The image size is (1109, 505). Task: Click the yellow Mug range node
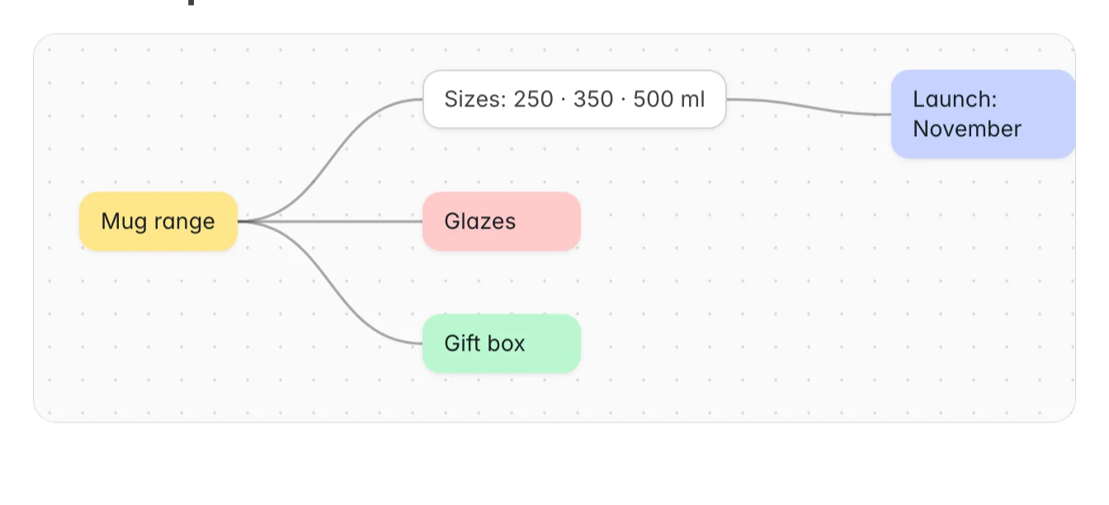(x=158, y=221)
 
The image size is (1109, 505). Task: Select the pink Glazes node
(x=502, y=221)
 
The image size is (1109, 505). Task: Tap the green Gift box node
(x=502, y=343)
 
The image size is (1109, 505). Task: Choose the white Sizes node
(x=574, y=99)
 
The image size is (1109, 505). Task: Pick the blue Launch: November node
(x=983, y=114)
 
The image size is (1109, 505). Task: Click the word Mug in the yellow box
(x=124, y=221)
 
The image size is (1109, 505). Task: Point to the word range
(x=184, y=222)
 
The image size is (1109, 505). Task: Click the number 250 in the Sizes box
(x=533, y=99)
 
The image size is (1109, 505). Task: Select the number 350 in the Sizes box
(x=593, y=99)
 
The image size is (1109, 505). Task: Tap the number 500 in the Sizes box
(x=653, y=99)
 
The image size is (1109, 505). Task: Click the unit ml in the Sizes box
(x=692, y=99)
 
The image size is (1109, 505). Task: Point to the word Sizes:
(x=475, y=99)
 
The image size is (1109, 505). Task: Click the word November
(x=967, y=129)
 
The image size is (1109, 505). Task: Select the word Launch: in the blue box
(x=955, y=99)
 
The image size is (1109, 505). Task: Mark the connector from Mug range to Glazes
(x=330, y=221)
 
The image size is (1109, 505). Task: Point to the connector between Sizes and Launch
(x=809, y=106)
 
